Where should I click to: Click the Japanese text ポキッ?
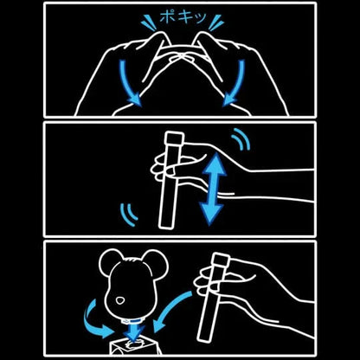183,16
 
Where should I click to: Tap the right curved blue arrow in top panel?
236,84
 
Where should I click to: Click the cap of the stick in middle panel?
173,138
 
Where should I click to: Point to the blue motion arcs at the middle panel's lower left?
129,214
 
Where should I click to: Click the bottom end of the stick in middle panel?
167,224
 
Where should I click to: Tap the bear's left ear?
110,261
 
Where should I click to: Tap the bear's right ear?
156,261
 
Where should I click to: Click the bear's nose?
119,300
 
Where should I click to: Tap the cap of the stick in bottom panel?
221,260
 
